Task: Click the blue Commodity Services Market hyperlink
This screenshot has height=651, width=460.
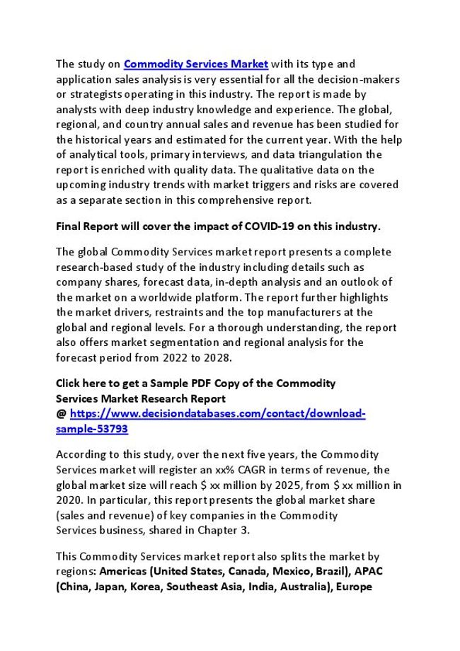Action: [x=196, y=64]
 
